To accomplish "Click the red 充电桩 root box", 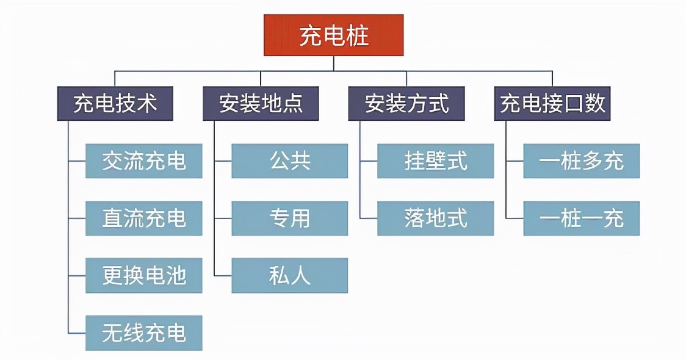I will [333, 36].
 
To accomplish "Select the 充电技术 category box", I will [115, 103].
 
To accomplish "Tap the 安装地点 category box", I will [261, 103].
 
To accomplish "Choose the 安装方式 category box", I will [406, 103].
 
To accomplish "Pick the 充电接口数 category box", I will [552, 103].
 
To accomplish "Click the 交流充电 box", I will [143, 161].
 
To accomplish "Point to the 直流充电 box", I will [143, 218].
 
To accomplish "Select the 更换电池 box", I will [143, 276].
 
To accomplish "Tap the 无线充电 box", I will [143, 333].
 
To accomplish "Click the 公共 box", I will [289, 161].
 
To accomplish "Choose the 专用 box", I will [289, 218].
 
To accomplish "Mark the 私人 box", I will [289, 276].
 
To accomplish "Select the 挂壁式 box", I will [435, 161].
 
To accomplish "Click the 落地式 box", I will [435, 218].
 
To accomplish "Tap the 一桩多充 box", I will [581, 161].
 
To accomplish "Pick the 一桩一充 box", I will [581, 218].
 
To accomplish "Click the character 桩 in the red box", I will [357, 36].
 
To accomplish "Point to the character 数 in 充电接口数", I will [595, 103].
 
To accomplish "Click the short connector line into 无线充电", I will [77, 333].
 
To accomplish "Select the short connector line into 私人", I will [223, 276].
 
